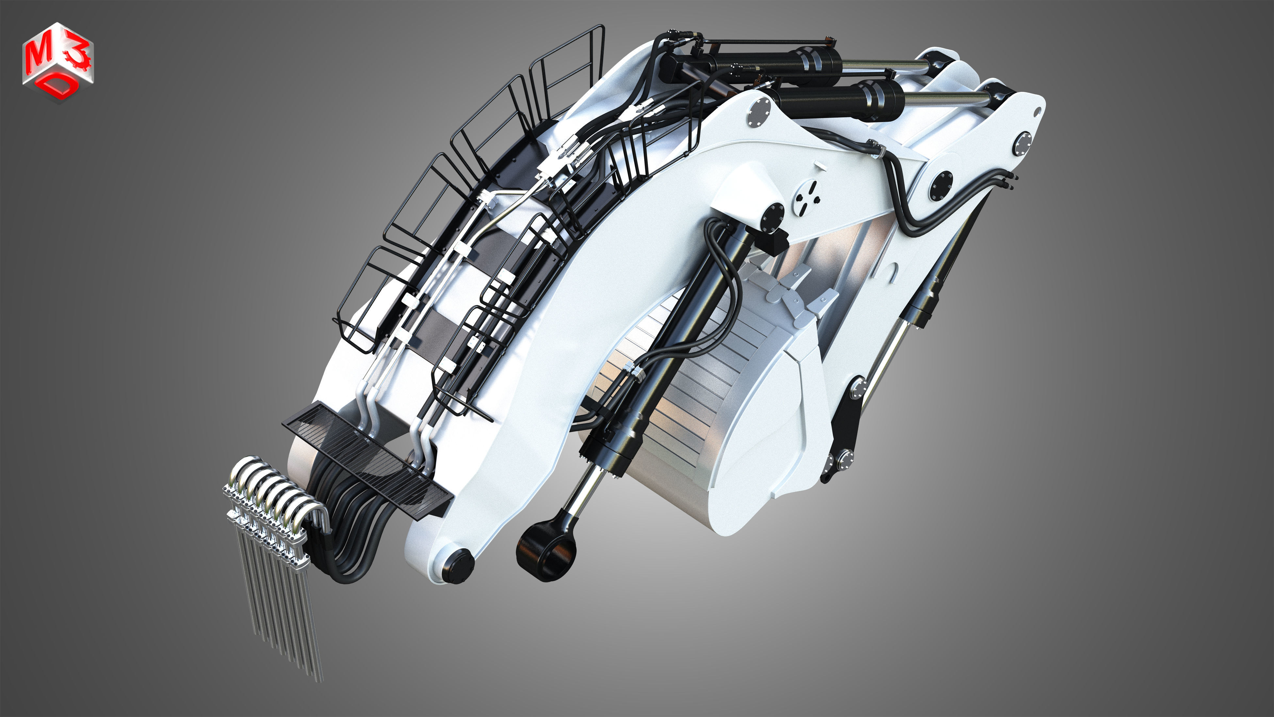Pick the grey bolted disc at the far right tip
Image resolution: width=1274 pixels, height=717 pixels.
tap(1022, 144)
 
